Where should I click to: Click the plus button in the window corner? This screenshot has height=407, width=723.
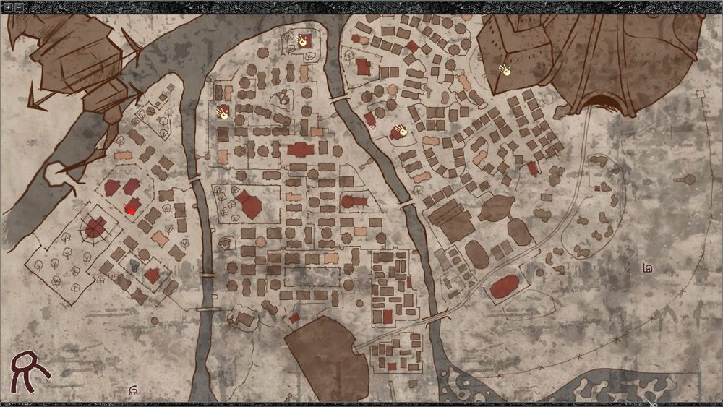tap(7, 7)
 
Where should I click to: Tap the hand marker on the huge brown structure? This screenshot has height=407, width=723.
tap(505, 70)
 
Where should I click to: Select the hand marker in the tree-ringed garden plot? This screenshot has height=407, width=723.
tap(223, 113)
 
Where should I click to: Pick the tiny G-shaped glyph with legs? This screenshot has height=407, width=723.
tap(133, 391)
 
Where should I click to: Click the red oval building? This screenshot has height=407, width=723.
tap(504, 286)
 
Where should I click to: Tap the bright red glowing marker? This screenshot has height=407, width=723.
tap(130, 209)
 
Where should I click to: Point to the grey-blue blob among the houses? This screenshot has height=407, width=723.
tap(134, 266)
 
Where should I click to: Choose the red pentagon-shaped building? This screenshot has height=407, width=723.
tap(250, 205)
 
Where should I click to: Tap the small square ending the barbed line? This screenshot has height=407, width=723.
tap(700, 94)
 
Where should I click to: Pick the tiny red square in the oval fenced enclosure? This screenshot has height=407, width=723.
tap(597, 188)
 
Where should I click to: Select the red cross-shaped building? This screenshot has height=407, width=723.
tap(301, 150)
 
